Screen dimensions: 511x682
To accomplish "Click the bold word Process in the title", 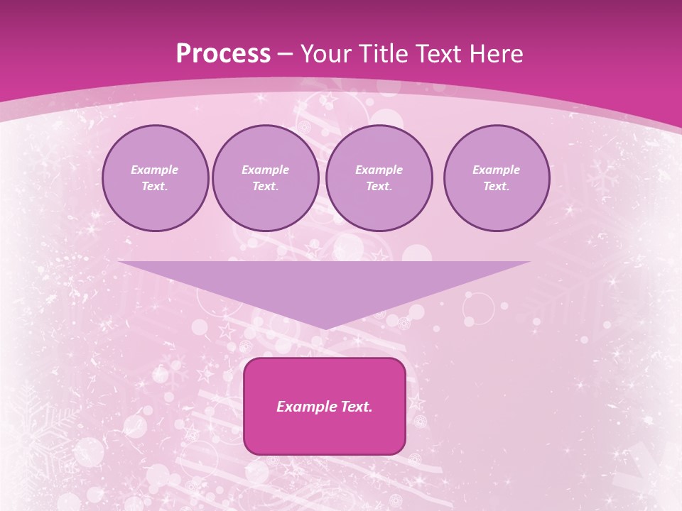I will pyautogui.click(x=223, y=54).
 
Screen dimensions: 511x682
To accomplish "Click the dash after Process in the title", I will pyautogui.click(x=286, y=55).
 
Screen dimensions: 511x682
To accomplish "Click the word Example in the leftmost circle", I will pyautogui.click(x=155, y=170).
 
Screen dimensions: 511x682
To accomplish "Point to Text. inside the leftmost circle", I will pyautogui.click(x=155, y=187).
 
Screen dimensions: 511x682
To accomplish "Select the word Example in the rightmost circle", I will pyautogui.click(x=497, y=170).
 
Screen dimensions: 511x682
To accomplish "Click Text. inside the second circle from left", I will pyautogui.click(x=265, y=187).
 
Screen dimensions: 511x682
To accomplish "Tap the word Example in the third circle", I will pyautogui.click(x=379, y=170).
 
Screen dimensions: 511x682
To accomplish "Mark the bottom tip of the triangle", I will pyautogui.click(x=324, y=327).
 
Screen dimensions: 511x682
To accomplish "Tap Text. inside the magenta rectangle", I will pyautogui.click(x=355, y=407).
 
